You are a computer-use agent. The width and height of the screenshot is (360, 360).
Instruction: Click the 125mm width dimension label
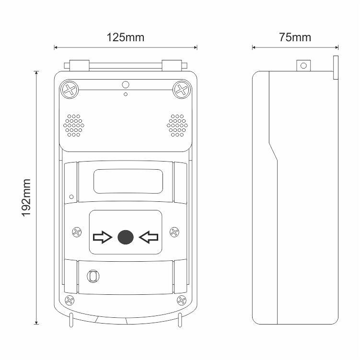pos(126,37)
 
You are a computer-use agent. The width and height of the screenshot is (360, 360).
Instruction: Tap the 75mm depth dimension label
pos(295,37)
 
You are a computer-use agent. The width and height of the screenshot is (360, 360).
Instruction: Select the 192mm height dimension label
pos(26,197)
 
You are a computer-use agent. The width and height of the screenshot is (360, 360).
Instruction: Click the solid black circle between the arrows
pos(126,237)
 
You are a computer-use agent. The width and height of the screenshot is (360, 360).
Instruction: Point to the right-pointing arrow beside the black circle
pos(103,237)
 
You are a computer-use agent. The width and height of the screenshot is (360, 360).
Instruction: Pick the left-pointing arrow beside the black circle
pos(149,237)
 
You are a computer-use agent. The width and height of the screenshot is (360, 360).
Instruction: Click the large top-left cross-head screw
pos(70,90)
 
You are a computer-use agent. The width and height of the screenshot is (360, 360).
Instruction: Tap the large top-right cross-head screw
pos(182,90)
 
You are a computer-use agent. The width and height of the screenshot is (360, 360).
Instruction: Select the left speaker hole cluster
pos(74,126)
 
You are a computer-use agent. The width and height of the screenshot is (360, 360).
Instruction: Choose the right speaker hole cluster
pos(177,126)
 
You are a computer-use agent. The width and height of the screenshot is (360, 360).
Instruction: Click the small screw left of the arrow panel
pos(77,232)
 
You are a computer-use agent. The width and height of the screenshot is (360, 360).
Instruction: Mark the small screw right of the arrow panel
pos(174,232)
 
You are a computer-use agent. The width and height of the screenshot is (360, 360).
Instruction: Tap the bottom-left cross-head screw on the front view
pos(70,300)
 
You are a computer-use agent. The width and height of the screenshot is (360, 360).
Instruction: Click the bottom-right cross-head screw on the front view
pos(182,300)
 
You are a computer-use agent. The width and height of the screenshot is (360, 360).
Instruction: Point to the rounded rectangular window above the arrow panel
pos(128,181)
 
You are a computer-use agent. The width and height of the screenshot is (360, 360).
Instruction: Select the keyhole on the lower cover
pos(93,276)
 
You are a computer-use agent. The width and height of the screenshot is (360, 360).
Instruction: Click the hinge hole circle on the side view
pos(303,66)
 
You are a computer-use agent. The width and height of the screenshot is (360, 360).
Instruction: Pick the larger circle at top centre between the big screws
pos(126,85)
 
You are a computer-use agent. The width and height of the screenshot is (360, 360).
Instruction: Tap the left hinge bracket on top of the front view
pos(79,66)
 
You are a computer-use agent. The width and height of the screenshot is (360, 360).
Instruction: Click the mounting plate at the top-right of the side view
pos(336,68)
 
